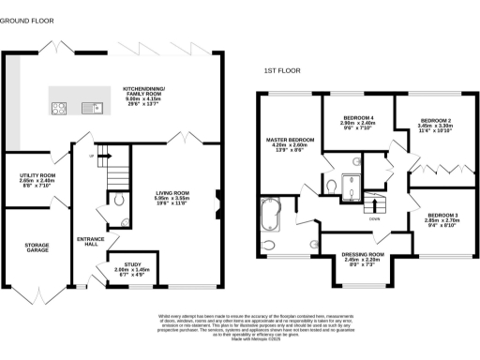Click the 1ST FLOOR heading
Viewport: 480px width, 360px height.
[283, 69]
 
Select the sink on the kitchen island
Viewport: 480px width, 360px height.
[95, 107]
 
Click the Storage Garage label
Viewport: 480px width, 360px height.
[37, 248]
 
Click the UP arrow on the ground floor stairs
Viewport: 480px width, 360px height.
[91, 155]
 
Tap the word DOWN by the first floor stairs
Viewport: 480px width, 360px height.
[374, 219]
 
